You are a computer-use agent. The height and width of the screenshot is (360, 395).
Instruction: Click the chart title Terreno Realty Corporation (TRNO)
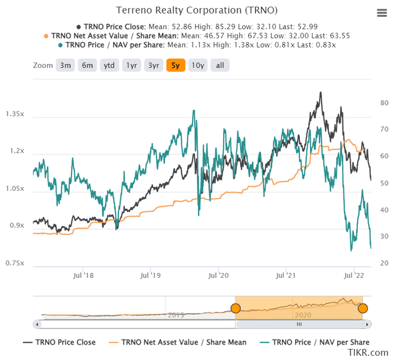tap(197, 10)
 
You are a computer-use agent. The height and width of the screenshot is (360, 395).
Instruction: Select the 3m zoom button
tap(64, 65)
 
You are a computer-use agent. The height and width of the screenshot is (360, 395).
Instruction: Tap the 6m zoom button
tap(87, 65)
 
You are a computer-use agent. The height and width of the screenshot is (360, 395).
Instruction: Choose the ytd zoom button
tap(109, 65)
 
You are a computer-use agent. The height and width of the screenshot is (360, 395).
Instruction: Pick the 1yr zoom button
tap(131, 65)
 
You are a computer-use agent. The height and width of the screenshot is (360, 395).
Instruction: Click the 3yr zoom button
tap(154, 65)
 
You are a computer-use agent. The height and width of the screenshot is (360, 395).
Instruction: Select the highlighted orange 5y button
tap(176, 65)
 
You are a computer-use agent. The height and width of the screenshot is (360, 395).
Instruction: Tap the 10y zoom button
tap(197, 65)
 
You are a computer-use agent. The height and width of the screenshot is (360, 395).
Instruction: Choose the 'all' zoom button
tap(219, 65)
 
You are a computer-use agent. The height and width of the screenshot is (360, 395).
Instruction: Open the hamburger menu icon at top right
tap(381, 13)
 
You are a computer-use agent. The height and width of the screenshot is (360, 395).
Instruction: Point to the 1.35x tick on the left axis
tap(15, 114)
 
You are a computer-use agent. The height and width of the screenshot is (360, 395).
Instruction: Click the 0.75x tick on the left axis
tap(15, 264)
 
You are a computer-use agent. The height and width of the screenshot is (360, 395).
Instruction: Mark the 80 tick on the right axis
tap(383, 103)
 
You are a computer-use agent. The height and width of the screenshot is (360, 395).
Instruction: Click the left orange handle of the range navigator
tap(235, 308)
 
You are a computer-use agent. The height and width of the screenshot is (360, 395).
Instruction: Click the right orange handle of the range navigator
tap(362, 308)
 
